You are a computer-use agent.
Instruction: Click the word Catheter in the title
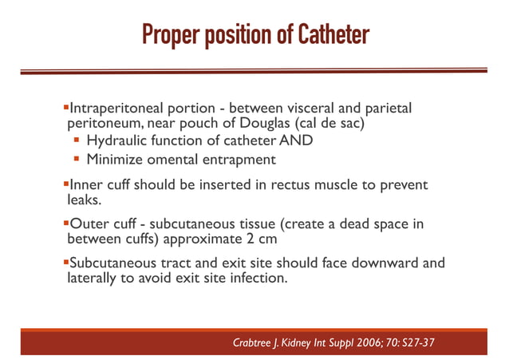[333, 36]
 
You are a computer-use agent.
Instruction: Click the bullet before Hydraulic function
[78, 141]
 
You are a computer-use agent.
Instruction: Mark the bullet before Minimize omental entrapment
[78, 159]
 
